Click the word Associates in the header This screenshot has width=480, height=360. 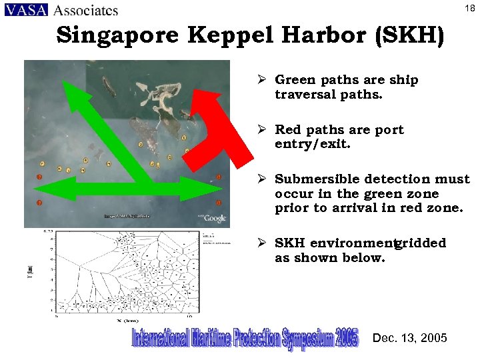[x=85, y=10]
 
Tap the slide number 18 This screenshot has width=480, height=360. [x=469, y=7]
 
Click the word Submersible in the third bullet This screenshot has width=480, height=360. [x=319, y=179]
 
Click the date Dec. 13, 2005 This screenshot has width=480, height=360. [x=410, y=338]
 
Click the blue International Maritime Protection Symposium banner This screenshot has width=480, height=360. [x=245, y=338]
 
